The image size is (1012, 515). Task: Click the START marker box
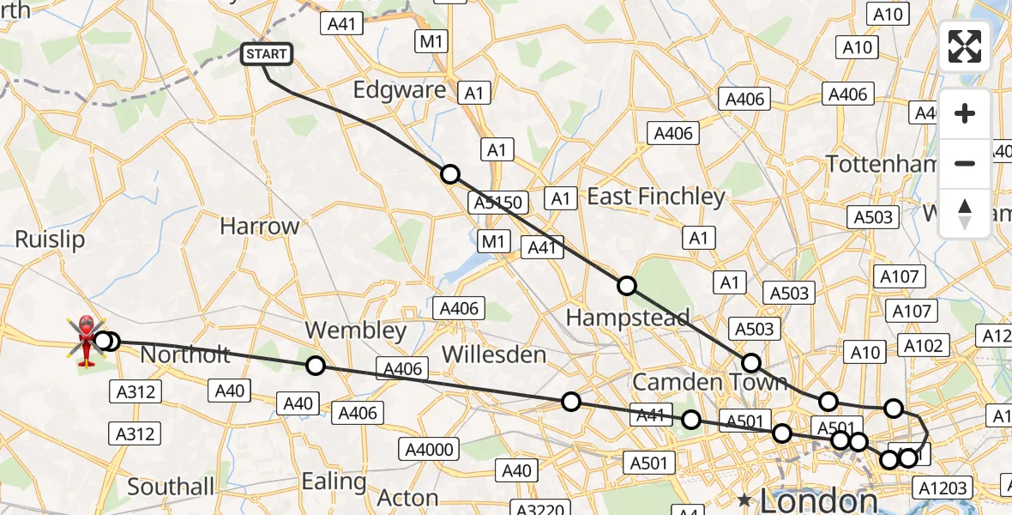[266, 54]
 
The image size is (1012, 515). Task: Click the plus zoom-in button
[965, 113]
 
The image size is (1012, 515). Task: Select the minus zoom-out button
[965, 163]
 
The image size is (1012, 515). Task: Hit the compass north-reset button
[965, 214]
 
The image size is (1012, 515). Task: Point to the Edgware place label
[400, 90]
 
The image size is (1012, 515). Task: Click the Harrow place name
[259, 227]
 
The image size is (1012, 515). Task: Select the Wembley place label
[355, 330]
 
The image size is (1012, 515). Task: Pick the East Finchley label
[655, 197]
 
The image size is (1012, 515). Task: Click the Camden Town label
[709, 381]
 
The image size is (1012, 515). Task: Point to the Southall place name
[171, 487]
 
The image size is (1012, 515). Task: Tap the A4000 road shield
[430, 448]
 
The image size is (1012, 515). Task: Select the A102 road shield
[924, 345]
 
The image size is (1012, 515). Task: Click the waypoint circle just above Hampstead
[627, 286]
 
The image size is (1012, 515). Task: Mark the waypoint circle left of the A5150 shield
[450, 174]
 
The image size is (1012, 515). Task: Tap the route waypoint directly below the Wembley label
[316, 367]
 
